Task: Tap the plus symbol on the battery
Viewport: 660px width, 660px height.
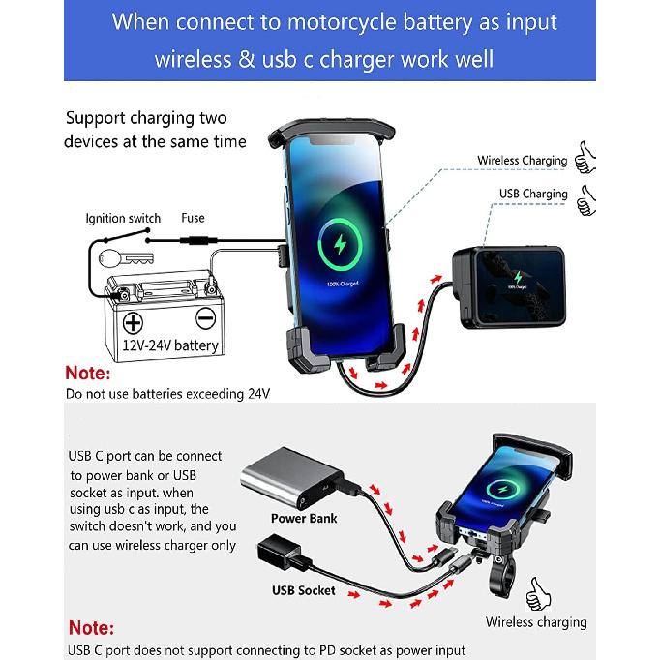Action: (133, 320)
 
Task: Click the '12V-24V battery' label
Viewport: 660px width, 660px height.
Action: (169, 345)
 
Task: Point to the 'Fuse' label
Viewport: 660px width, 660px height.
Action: (193, 219)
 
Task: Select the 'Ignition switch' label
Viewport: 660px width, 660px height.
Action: (123, 219)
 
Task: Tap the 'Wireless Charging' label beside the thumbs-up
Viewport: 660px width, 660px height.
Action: (522, 161)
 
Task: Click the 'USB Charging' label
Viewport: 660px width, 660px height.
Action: (533, 194)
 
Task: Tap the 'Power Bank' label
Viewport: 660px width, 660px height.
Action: (304, 519)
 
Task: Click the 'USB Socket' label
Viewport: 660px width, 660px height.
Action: (304, 590)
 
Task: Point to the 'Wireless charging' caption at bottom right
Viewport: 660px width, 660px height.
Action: (536, 622)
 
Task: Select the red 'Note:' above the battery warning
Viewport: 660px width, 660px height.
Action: (88, 374)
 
